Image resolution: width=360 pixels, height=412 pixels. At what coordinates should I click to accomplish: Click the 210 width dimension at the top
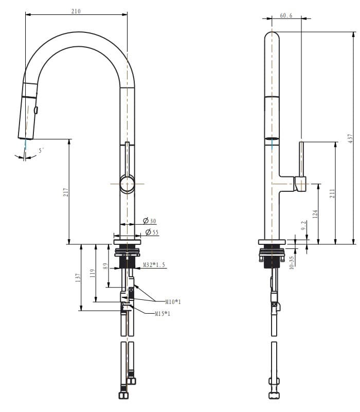coord(76,11)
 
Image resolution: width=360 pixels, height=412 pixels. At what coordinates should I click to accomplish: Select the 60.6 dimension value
coord(286,15)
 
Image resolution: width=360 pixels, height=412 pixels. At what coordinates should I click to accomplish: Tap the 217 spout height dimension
coord(66,192)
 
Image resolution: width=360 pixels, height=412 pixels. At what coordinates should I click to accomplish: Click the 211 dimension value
coord(332,193)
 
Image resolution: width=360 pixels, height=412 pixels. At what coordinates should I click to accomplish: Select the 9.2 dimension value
coord(303,225)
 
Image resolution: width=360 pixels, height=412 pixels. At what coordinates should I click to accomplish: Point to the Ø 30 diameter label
coord(150,221)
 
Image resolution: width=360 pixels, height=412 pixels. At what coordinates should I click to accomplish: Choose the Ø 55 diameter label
coord(151,232)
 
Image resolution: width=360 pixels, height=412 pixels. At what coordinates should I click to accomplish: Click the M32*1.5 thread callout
coord(154,265)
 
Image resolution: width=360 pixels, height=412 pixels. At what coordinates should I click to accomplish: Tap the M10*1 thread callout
coord(173,301)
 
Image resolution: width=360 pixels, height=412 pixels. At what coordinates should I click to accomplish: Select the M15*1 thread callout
coord(162,314)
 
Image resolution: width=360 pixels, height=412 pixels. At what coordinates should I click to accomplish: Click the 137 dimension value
coord(78,278)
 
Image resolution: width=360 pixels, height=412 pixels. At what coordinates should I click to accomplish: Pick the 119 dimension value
coord(93,273)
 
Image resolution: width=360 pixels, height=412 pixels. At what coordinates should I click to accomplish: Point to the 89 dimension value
coord(106,266)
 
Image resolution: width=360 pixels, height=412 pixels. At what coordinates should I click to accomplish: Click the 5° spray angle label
coord(41,150)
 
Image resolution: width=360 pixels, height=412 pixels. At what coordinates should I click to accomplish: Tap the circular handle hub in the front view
coord(127,184)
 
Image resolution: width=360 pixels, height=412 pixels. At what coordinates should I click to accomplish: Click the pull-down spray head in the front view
coord(28,111)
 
